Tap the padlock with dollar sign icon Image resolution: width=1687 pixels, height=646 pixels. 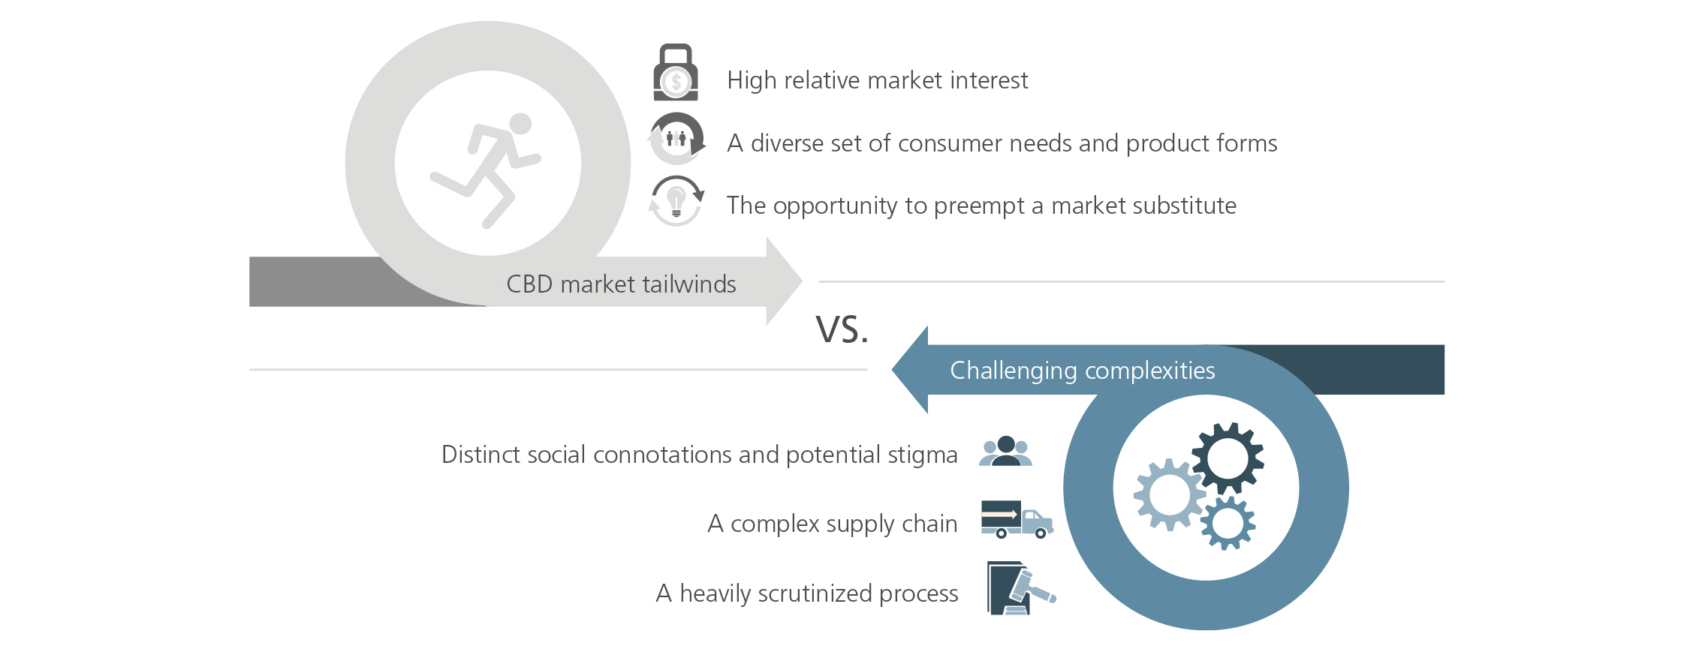click(x=676, y=72)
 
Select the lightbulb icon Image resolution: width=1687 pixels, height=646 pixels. click(x=676, y=200)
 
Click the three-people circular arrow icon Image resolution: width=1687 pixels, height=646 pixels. click(x=676, y=139)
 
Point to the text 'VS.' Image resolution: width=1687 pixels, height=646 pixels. click(x=842, y=329)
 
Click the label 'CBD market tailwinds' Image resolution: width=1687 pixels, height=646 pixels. click(x=621, y=284)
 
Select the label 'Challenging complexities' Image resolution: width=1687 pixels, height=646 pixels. click(x=1082, y=371)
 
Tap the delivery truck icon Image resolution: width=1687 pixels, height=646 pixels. click(x=1017, y=519)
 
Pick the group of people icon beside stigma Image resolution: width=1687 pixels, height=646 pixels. click(x=1006, y=451)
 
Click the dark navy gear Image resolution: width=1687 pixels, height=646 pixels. click(x=1228, y=458)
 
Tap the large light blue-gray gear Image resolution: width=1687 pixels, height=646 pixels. click(x=1169, y=495)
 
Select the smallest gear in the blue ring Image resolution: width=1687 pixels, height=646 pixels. click(x=1228, y=523)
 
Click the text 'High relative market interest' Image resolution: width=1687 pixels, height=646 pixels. click(x=877, y=80)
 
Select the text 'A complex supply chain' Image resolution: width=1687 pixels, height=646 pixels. click(x=833, y=524)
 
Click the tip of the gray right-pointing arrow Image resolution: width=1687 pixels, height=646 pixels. click(x=802, y=281)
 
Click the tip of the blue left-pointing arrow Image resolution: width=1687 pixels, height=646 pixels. click(x=892, y=369)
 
